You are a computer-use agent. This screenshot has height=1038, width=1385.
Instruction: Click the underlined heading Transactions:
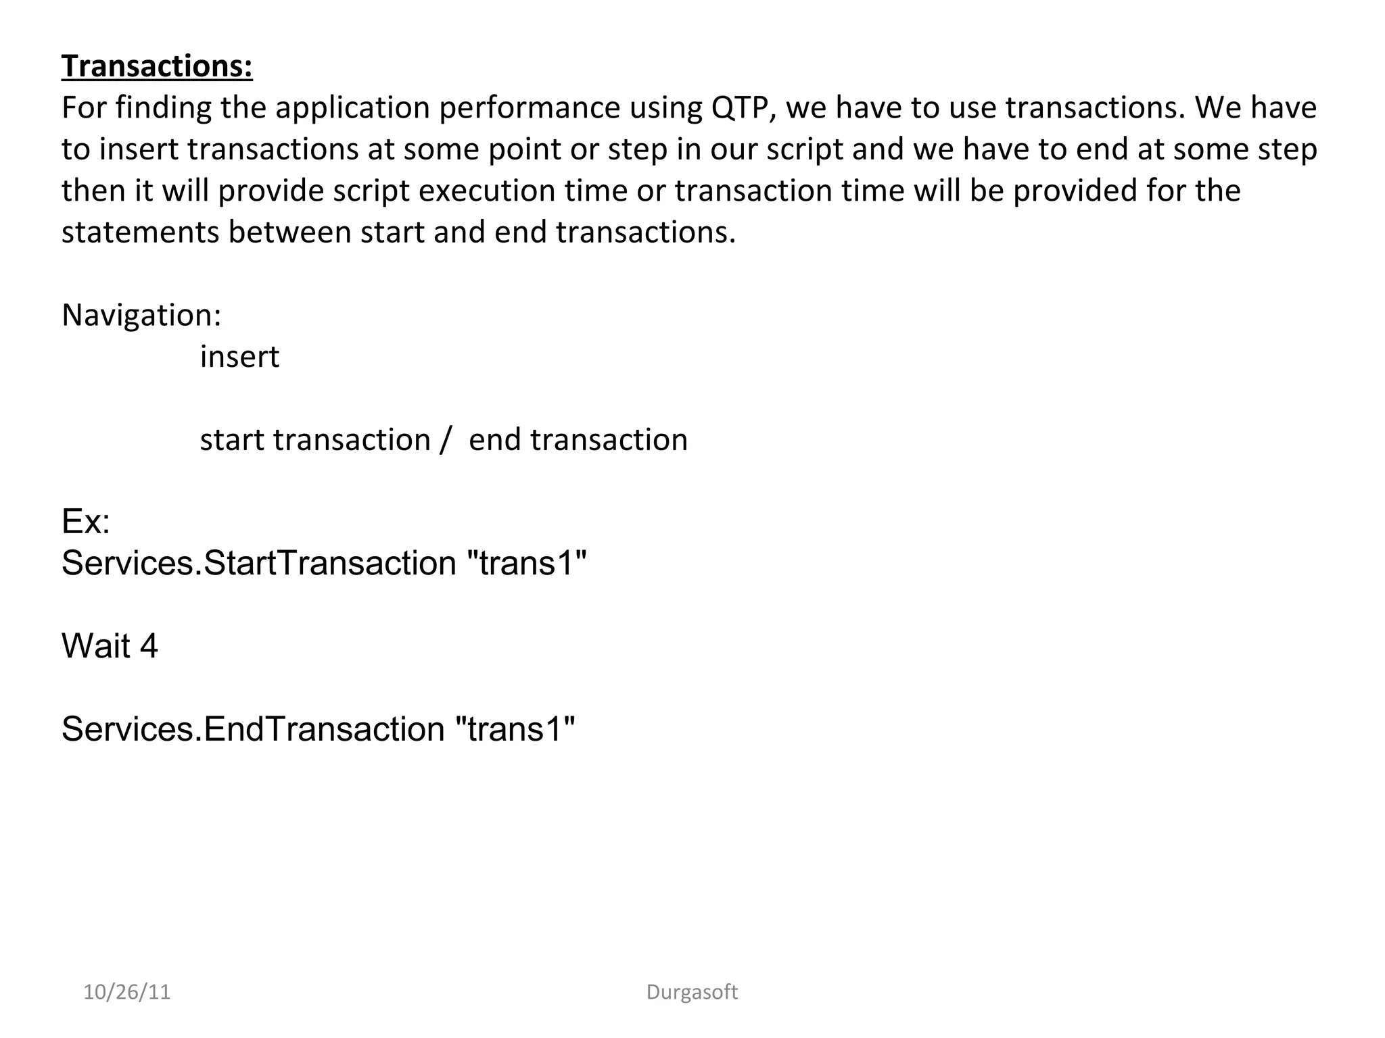(x=157, y=66)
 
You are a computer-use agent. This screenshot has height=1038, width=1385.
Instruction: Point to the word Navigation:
(x=141, y=316)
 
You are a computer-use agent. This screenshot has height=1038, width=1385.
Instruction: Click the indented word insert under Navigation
(x=239, y=357)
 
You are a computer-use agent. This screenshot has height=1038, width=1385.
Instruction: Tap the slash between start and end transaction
(x=444, y=440)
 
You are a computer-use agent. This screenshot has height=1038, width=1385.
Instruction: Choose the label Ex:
(x=86, y=522)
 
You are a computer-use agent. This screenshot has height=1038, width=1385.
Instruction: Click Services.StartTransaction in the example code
(x=259, y=563)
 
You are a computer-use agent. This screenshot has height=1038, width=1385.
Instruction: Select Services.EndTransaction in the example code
(x=253, y=729)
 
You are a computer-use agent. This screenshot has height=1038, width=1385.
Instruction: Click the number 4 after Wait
(x=149, y=646)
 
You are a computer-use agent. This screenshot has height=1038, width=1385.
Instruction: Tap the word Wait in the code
(x=95, y=646)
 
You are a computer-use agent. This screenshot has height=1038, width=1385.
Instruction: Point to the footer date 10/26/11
(x=126, y=992)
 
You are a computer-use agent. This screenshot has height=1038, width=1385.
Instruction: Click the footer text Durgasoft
(x=692, y=992)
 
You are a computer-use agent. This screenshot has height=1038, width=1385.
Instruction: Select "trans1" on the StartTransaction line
(x=527, y=563)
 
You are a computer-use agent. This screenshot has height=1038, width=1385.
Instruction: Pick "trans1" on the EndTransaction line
(x=516, y=729)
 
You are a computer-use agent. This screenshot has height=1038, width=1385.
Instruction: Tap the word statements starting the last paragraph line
(x=140, y=232)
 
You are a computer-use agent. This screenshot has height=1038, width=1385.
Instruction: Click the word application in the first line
(x=352, y=108)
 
